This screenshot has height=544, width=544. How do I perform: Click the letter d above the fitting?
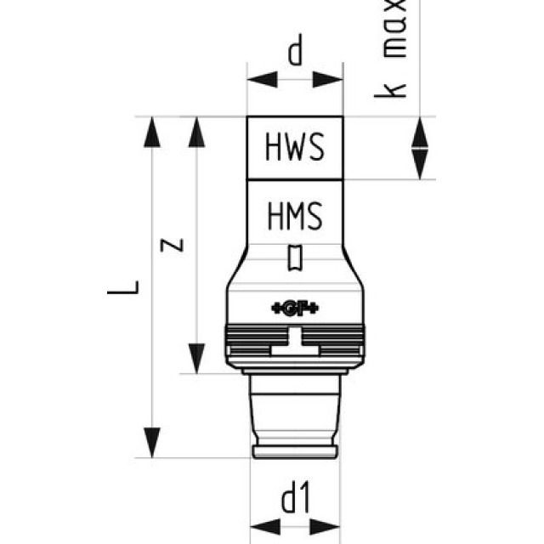tap(295, 53)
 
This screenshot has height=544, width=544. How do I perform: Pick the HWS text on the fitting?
tap(295, 148)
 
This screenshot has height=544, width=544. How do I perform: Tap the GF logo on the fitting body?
tap(295, 307)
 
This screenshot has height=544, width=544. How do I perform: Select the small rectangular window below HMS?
tap(295, 258)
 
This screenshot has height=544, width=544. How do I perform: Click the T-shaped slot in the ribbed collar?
tap(295, 344)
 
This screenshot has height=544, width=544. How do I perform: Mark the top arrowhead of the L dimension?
tap(152, 132)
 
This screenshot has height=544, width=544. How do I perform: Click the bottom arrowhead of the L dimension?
tap(152, 442)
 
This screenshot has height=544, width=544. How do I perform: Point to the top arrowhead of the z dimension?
tap(197, 132)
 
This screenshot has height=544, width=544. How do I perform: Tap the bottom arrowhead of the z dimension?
tap(197, 357)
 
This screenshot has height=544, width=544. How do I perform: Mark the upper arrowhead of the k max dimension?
tap(420, 132)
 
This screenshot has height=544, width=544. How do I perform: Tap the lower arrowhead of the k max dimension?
tap(420, 163)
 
